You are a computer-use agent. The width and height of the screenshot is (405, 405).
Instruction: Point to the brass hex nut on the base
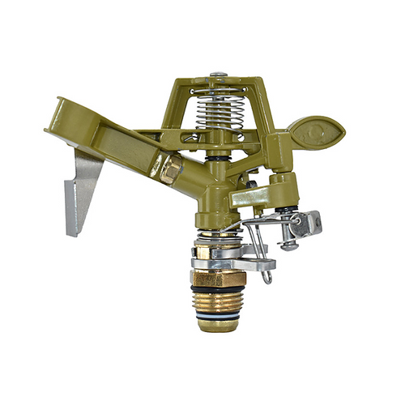pyautogui.click(x=216, y=279)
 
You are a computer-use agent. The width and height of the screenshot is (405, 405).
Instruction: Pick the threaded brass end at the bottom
pyautogui.click(x=217, y=312)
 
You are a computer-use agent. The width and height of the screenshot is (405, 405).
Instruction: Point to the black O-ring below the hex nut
pyautogui.click(x=216, y=291)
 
